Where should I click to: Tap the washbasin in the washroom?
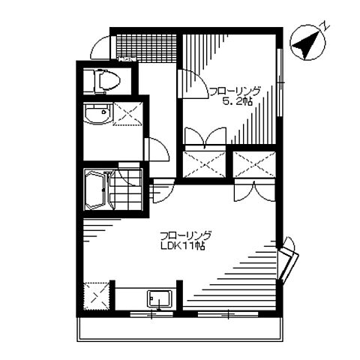tap(98, 114)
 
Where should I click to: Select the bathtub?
tap(97, 190)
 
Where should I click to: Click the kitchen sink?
tap(160, 298)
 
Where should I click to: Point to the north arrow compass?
tap(308, 43)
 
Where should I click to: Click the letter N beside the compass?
tap(325, 25)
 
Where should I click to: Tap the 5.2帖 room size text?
tap(238, 101)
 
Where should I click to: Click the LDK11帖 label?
tap(183, 246)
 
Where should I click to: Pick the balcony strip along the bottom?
tap(180, 329)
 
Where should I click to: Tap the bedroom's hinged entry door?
tap(193, 84)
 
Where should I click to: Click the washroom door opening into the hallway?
tap(157, 149)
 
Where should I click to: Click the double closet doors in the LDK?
tap(255, 190)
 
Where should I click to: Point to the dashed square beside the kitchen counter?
tap(96, 296)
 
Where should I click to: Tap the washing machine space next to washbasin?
tap(128, 114)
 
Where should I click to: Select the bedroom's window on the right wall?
tap(280, 82)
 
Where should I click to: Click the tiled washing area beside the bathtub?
tap(126, 190)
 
